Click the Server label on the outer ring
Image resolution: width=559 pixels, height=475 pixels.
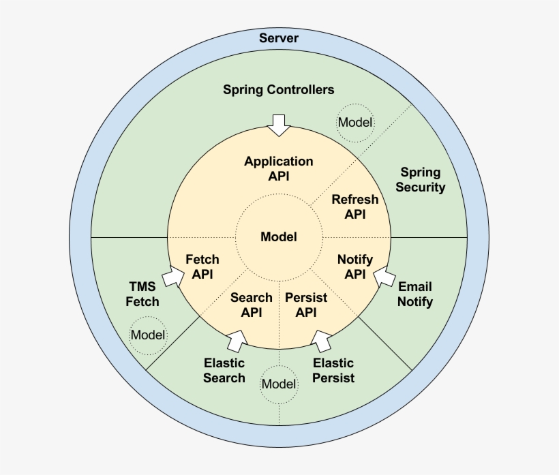(279, 38)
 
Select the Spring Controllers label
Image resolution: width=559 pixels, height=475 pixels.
(279, 90)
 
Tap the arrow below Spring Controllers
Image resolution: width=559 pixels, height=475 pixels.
(278, 124)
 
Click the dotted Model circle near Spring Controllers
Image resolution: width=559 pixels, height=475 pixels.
(355, 123)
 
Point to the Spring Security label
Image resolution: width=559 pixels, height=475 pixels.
(420, 180)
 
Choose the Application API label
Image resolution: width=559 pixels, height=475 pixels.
(279, 168)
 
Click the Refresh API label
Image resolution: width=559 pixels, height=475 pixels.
(354, 206)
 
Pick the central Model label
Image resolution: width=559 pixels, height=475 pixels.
(279, 237)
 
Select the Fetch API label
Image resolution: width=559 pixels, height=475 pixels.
(202, 266)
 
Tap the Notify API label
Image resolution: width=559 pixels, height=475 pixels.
(355, 266)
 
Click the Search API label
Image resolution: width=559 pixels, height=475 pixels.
(251, 305)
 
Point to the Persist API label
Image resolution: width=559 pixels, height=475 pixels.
(306, 305)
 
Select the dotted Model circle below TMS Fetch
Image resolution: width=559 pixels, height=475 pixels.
(148, 335)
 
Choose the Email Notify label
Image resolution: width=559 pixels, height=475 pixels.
(415, 294)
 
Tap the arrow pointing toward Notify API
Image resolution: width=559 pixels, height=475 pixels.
(384, 275)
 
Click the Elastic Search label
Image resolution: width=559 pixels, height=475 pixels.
(224, 370)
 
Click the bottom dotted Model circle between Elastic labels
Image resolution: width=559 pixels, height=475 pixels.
(279, 384)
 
